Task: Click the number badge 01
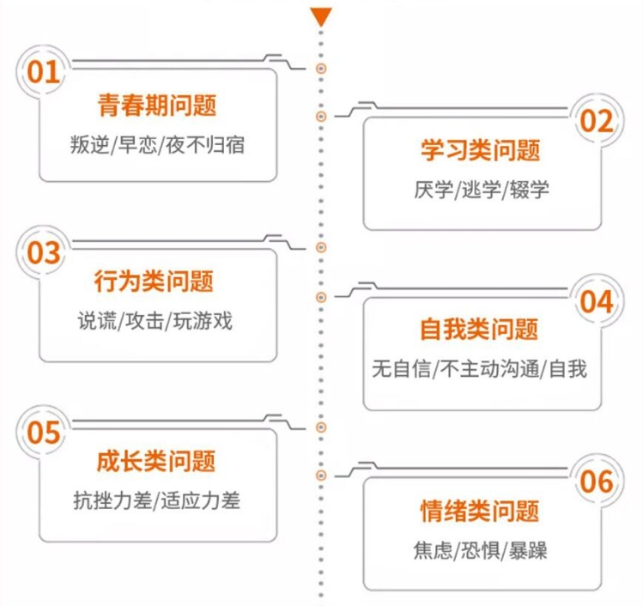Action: [44, 72]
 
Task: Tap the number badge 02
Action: [597, 120]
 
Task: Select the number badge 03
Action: [44, 252]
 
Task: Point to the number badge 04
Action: [597, 301]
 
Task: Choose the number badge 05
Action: [44, 432]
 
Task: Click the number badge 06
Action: [597, 482]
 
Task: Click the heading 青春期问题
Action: [157, 105]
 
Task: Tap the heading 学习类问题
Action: [480, 150]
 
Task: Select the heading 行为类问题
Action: [154, 282]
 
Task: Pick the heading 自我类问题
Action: [479, 330]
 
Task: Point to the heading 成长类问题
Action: [156, 461]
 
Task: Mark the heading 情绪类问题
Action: [479, 511]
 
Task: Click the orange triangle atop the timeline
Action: [321, 17]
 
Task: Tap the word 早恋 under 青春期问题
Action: [137, 145]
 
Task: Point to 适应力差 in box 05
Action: [200, 500]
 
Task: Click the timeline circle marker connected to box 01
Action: [321, 69]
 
